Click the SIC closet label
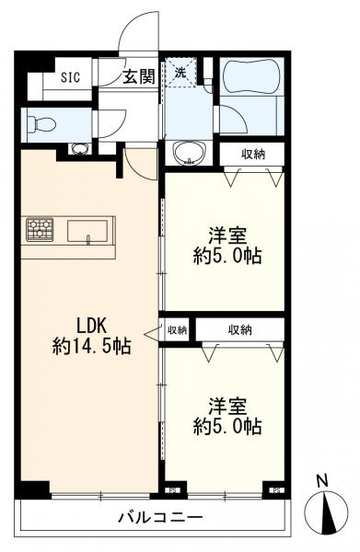click(71, 77)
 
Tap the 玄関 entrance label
click(140, 77)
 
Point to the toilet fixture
click(45, 122)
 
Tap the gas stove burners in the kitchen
click(40, 228)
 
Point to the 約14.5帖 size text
click(91, 348)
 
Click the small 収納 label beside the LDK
click(177, 329)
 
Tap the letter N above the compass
click(321, 480)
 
